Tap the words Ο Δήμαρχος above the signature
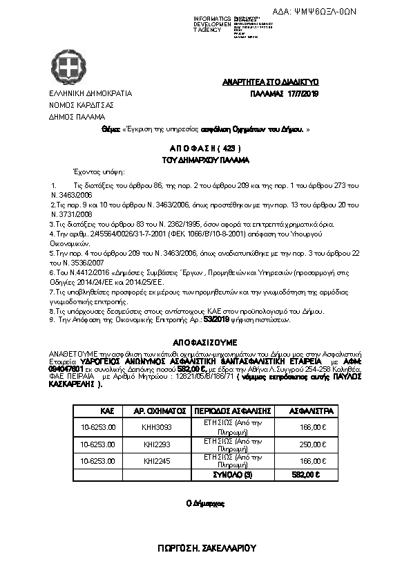click(206, 504)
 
